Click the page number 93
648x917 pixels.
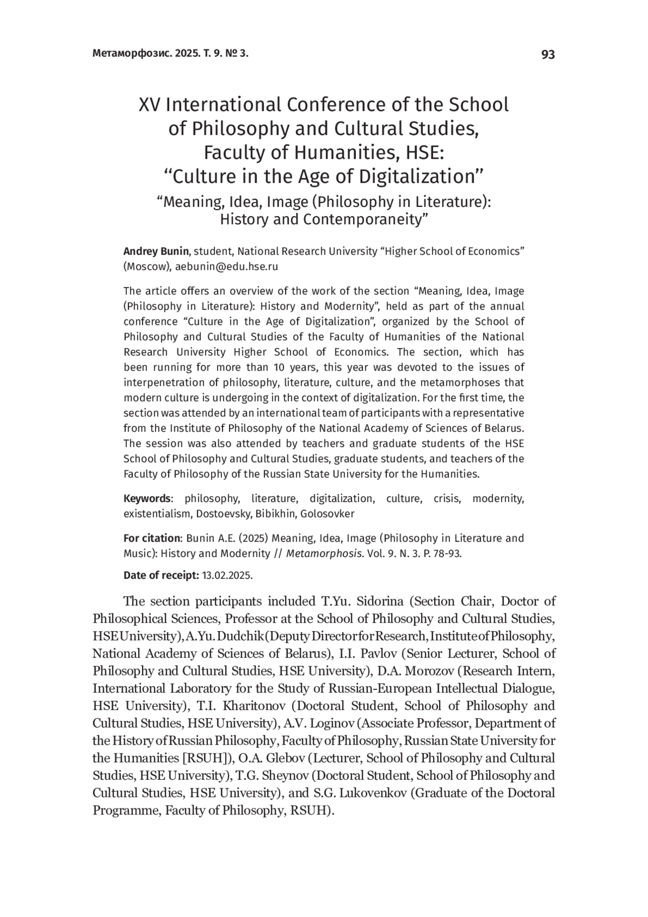(548, 54)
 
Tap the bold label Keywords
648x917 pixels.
(147, 498)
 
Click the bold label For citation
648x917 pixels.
(152, 538)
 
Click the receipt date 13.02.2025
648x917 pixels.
(227, 575)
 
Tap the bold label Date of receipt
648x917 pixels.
(161, 575)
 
